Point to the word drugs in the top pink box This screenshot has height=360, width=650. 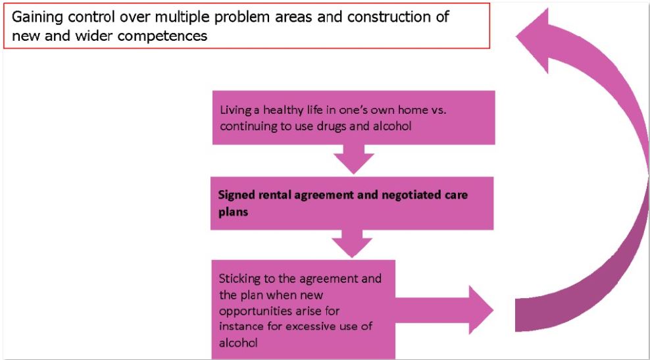341,126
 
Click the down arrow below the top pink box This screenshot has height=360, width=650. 354,159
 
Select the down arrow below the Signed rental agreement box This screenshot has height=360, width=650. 353,244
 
